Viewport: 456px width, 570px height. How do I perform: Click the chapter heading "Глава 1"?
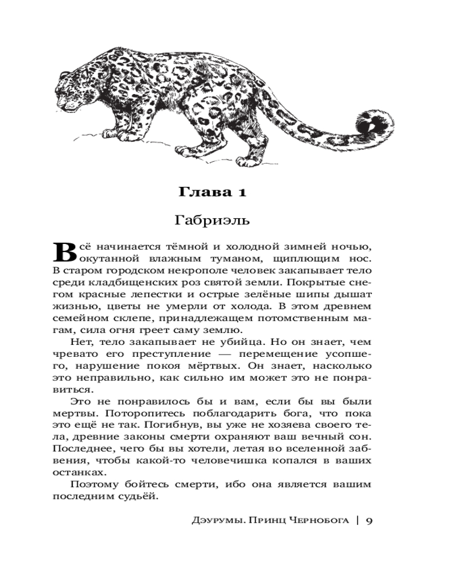pyautogui.click(x=212, y=192)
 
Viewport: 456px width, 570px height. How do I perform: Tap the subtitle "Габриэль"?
pyautogui.click(x=212, y=219)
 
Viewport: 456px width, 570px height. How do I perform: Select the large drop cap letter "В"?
pyautogui.click(x=64, y=253)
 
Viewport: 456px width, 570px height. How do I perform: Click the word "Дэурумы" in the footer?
pyautogui.click(x=214, y=520)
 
